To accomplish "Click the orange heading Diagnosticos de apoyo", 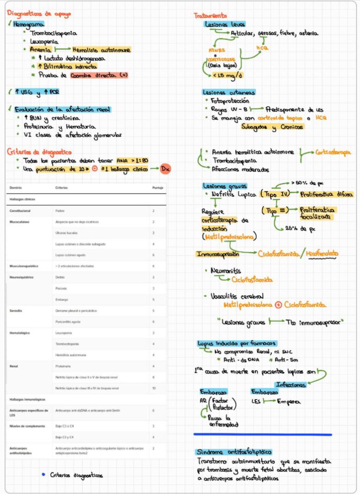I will coord(39,14).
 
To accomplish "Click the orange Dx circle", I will coord(165,169).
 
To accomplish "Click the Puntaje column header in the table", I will coord(158,188).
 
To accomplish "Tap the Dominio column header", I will coord(16,188).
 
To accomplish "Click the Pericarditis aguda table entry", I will coord(67,322).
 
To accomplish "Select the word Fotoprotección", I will coord(230,100).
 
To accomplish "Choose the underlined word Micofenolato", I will coord(323,253).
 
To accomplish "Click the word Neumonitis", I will coord(226,271).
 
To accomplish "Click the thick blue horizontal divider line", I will coord(263,434).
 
